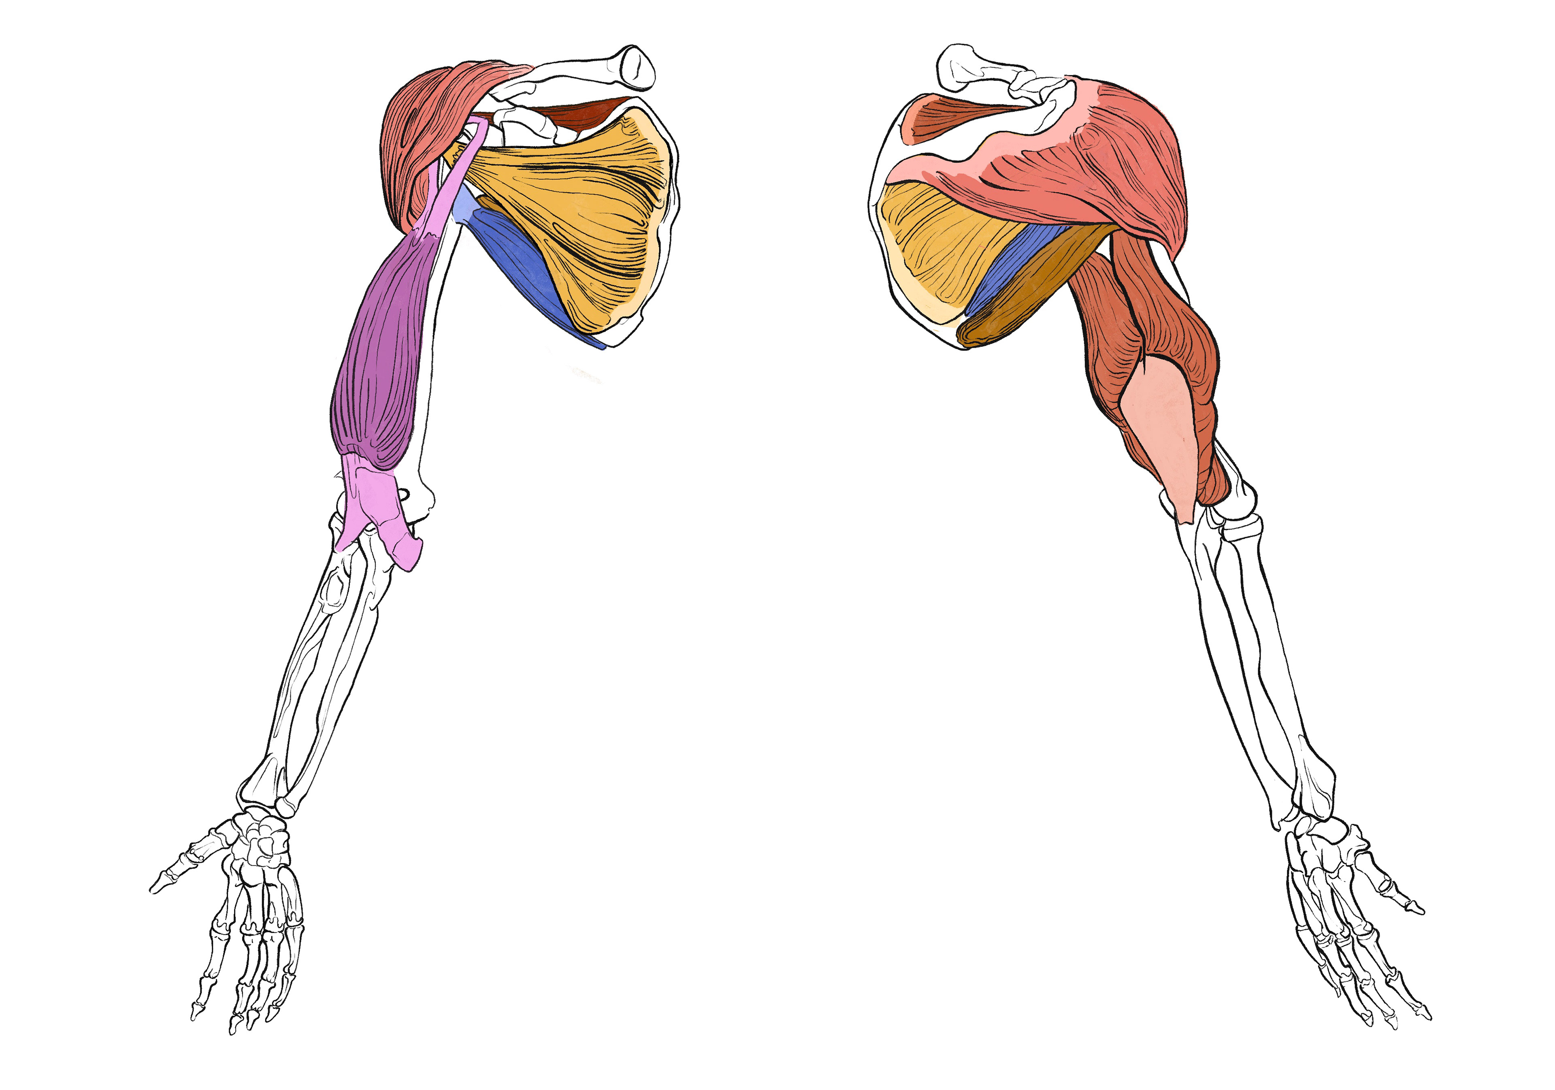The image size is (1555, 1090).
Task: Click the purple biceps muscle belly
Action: pos(383,352)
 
